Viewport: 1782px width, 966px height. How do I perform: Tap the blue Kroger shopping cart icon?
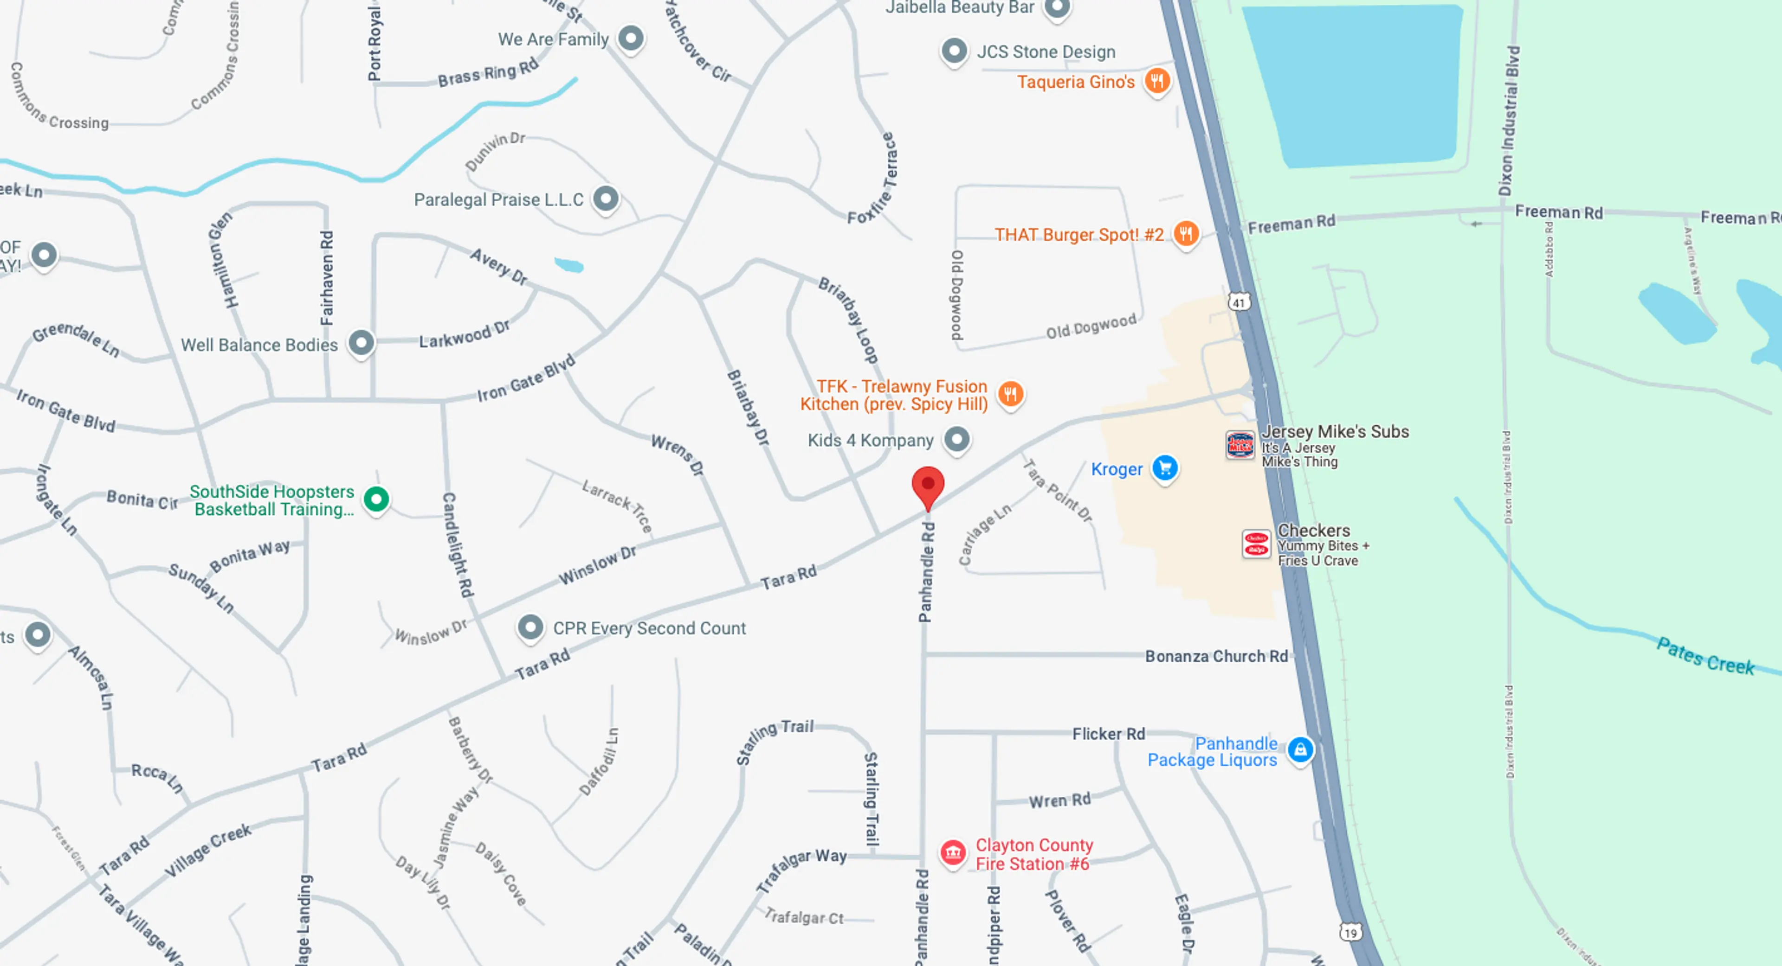click(x=1165, y=468)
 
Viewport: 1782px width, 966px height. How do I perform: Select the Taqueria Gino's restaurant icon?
click(x=1156, y=81)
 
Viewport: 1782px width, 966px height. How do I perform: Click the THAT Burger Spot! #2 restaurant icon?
click(x=1186, y=234)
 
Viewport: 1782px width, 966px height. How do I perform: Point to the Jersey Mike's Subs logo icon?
click(x=1240, y=445)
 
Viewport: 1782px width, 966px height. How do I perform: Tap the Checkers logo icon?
click(x=1256, y=544)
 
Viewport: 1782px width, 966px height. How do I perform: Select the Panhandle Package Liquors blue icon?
click(x=1300, y=749)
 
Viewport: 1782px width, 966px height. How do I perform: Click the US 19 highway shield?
click(x=1349, y=932)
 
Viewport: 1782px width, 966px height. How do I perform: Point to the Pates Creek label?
click(x=1705, y=656)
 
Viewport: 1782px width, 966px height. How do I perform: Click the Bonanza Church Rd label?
click(x=1216, y=656)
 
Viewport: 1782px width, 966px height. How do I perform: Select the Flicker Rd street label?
click(x=1108, y=734)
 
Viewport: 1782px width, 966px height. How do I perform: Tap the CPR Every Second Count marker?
click(x=530, y=627)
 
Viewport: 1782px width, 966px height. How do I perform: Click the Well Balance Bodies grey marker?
click(x=361, y=342)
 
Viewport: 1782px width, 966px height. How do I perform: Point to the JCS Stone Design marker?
click(x=955, y=51)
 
